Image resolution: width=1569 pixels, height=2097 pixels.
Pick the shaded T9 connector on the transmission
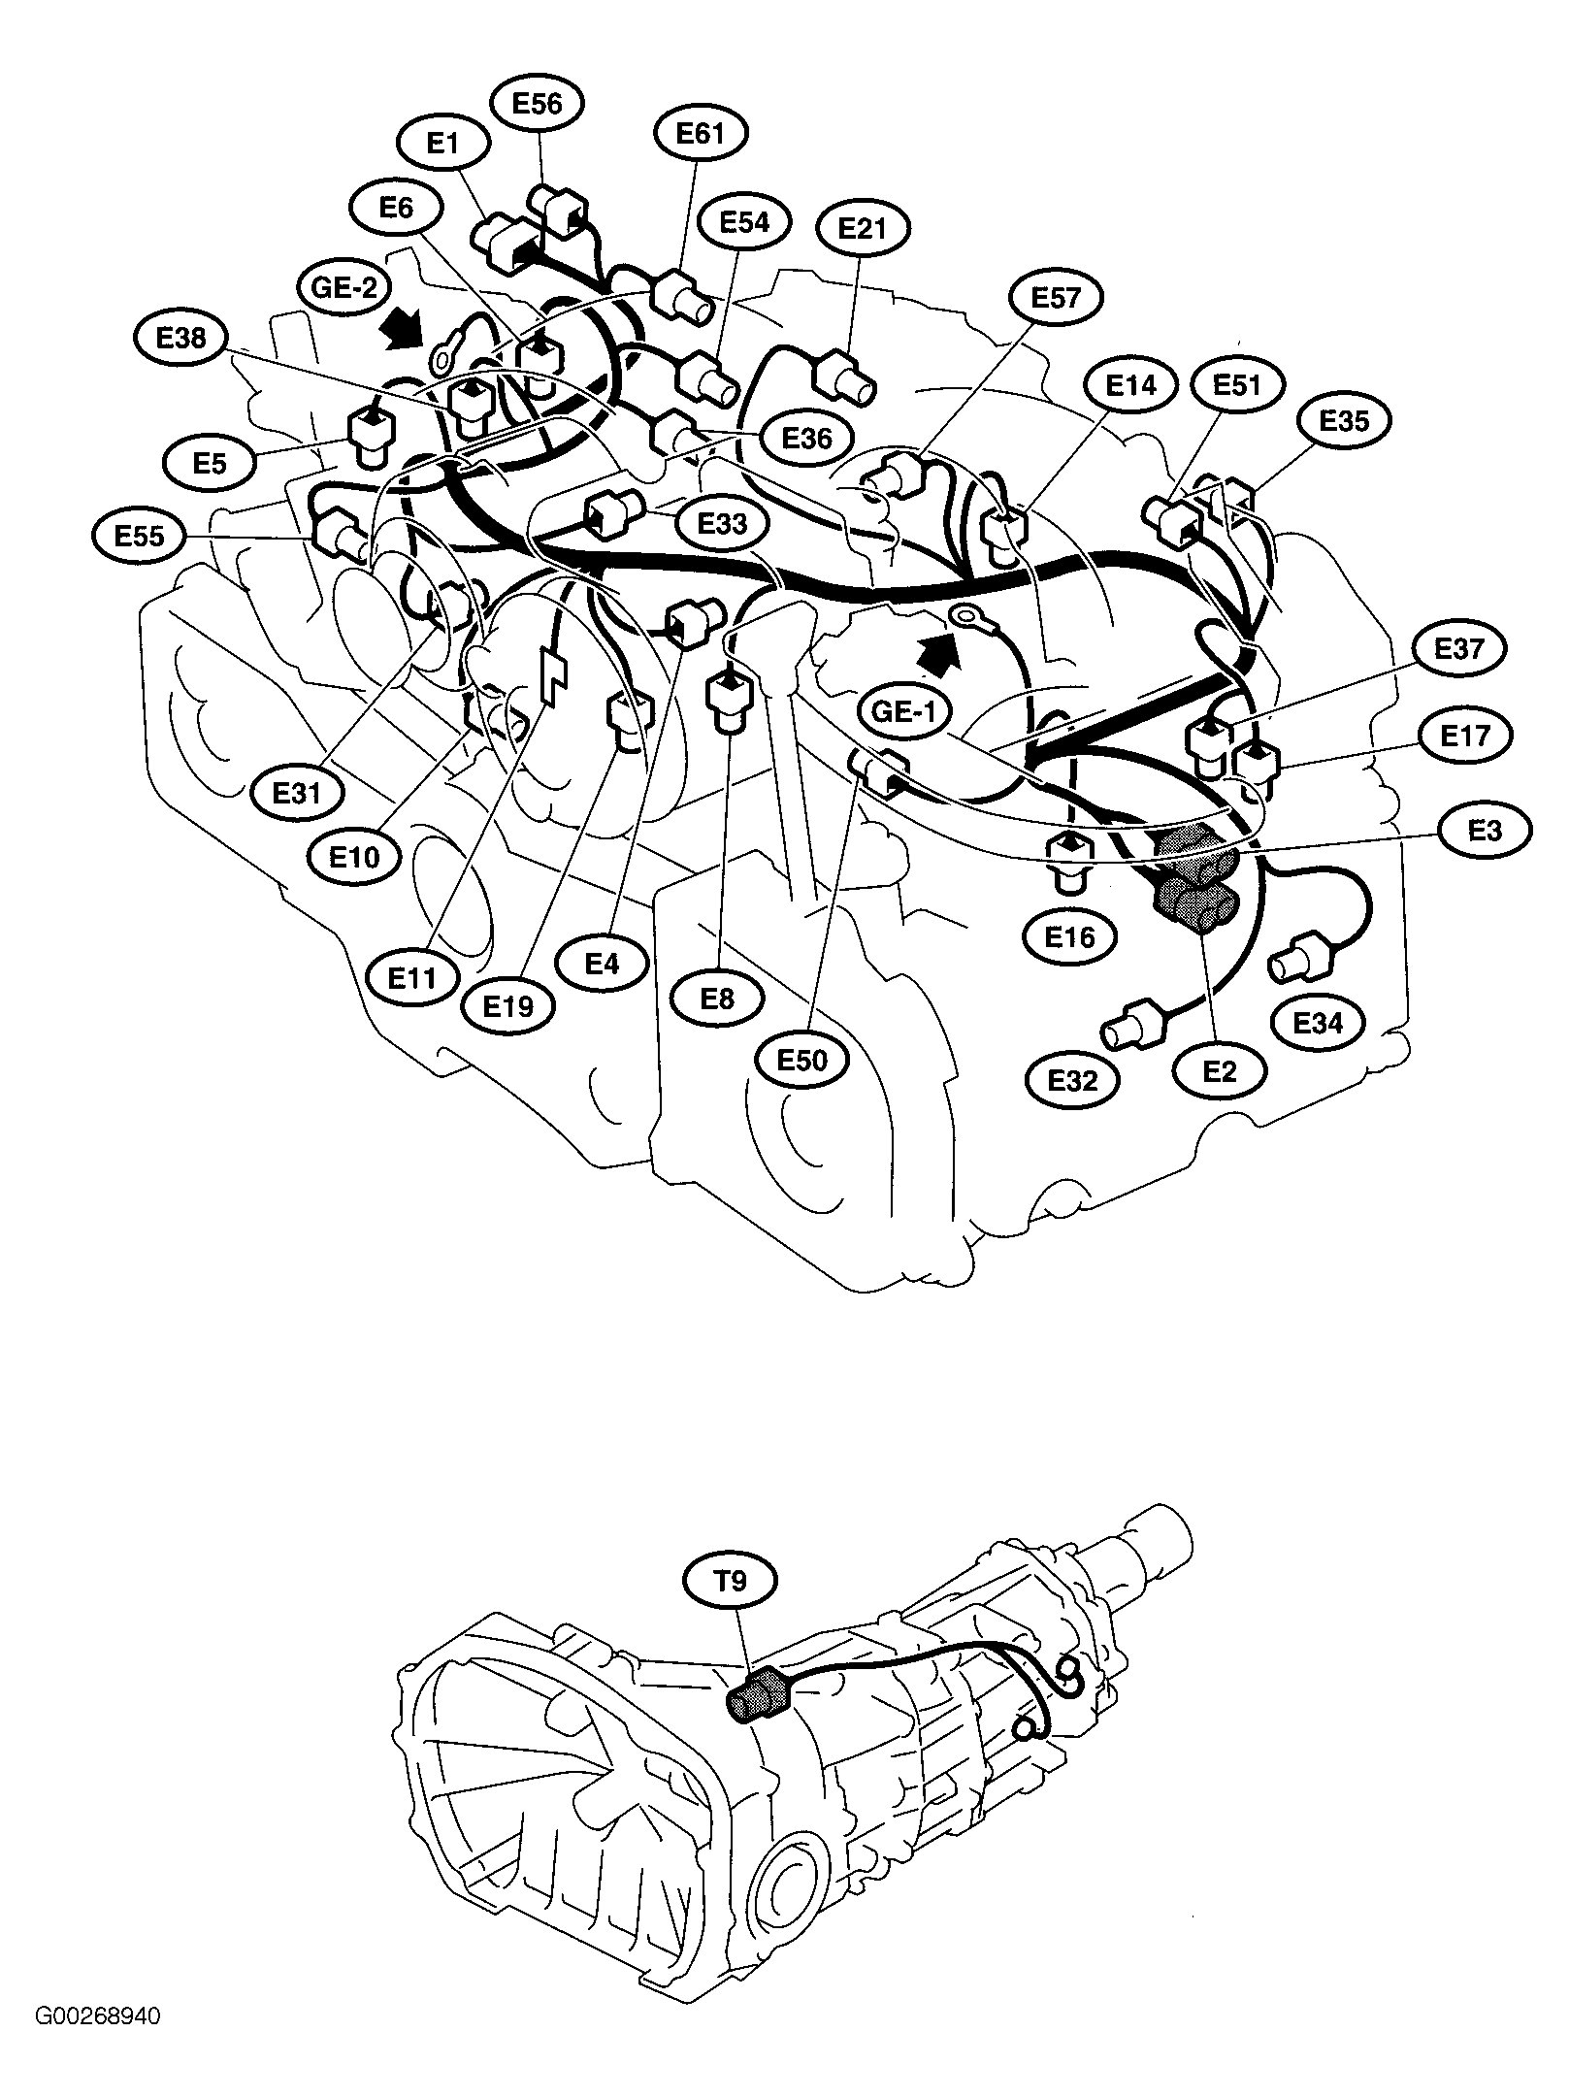pyautogui.click(x=759, y=1702)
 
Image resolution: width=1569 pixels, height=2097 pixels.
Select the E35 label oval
pyautogui.click(x=1345, y=420)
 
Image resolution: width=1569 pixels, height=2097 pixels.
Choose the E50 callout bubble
pyautogui.click(x=802, y=1059)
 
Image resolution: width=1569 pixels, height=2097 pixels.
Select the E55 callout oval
pyautogui.click(x=140, y=535)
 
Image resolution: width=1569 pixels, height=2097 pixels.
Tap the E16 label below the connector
pyautogui.click(x=1070, y=936)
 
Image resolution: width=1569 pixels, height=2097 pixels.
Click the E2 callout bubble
pyautogui.click(x=1220, y=1071)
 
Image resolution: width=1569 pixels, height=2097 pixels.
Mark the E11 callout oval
pyautogui.click(x=412, y=978)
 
